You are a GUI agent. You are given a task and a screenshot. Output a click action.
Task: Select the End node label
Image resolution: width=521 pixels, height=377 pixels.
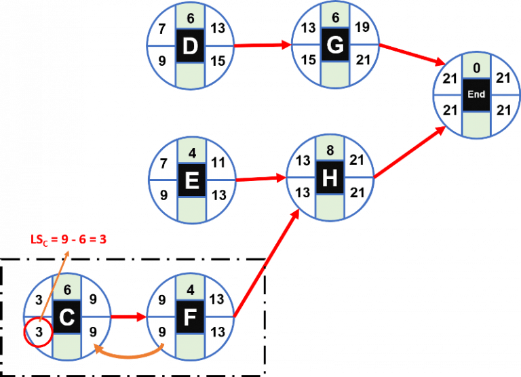point(476,94)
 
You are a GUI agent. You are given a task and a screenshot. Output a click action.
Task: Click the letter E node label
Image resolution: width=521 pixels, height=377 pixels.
point(191,180)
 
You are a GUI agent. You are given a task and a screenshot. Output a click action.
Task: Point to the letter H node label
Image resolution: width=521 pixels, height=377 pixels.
point(330,178)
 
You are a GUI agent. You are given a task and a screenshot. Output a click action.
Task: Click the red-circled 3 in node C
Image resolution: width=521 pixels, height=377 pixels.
point(39,332)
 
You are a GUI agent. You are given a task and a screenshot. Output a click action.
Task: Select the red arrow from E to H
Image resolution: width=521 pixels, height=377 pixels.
point(261,180)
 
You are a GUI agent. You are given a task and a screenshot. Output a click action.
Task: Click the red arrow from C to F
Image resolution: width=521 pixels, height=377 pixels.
point(129,317)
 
